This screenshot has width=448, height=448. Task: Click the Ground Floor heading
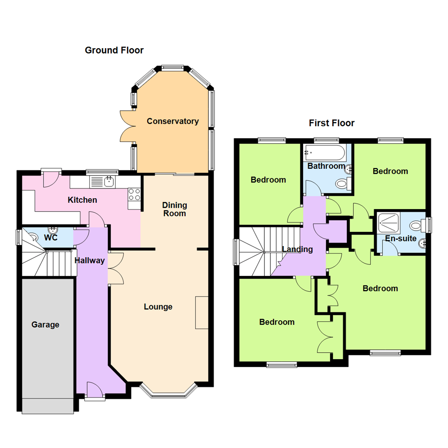click(x=114, y=50)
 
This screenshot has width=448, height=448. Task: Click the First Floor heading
click(x=331, y=123)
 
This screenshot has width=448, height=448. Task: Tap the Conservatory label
click(x=173, y=121)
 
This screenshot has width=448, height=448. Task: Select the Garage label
click(x=45, y=324)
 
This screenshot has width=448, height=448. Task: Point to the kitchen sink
click(x=102, y=182)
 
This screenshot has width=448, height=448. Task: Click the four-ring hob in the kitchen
click(x=134, y=194)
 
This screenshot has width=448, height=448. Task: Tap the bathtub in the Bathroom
click(x=325, y=153)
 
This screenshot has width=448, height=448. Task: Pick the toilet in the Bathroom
click(x=344, y=183)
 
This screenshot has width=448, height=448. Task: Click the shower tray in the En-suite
click(x=389, y=223)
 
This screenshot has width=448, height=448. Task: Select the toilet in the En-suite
click(x=417, y=225)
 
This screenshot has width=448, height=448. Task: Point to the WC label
click(x=51, y=237)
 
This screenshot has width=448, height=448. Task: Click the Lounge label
click(x=158, y=307)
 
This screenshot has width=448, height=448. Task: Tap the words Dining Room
click(x=175, y=209)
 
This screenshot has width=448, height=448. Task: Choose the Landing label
click(x=297, y=249)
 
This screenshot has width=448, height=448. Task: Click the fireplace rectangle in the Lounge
click(x=202, y=313)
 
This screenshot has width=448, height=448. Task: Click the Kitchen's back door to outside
click(x=51, y=180)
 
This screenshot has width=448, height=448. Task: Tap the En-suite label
click(x=401, y=238)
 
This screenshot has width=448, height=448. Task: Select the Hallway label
click(x=90, y=261)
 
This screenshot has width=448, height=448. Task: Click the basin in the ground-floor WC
click(x=53, y=230)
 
